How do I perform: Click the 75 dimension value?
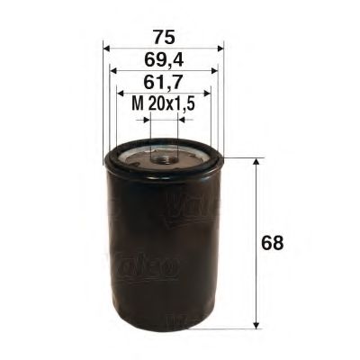(x=163, y=37)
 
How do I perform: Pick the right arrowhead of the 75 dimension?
(x=220, y=49)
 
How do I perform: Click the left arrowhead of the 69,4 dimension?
(x=112, y=69)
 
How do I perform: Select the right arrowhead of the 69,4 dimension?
(x=214, y=69)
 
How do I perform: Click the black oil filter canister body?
(x=162, y=252)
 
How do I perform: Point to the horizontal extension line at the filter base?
(x=238, y=328)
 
